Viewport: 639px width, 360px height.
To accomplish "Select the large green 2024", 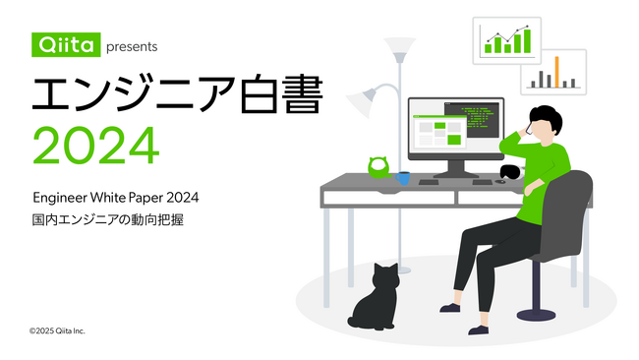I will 95,146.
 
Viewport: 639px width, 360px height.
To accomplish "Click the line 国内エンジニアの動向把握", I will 107,221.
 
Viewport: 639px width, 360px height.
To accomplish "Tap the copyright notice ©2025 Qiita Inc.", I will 57,330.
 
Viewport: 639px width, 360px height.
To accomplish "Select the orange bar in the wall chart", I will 556,72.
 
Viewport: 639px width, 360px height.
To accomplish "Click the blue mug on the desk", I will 403,178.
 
